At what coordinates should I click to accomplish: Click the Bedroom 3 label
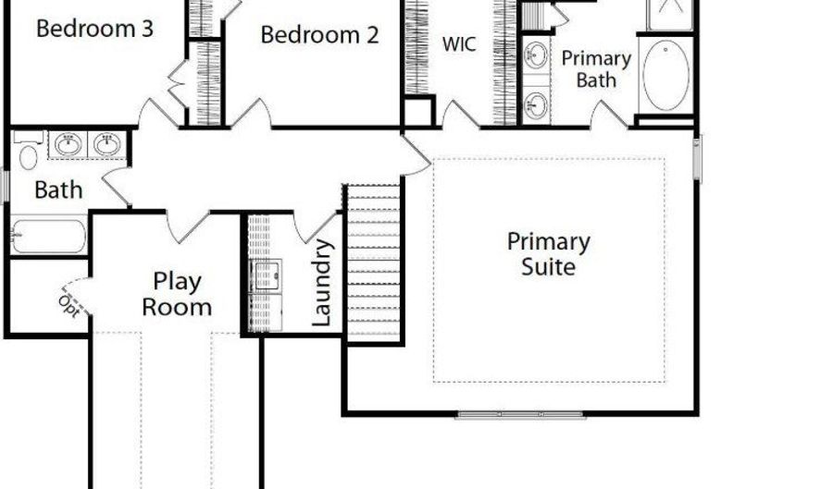[94, 29]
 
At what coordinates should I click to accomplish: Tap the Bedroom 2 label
[319, 36]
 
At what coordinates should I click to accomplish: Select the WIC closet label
[459, 44]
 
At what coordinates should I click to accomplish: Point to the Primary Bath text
[596, 69]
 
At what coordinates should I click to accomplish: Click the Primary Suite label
[548, 254]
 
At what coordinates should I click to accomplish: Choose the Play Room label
[176, 294]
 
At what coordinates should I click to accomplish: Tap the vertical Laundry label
[322, 283]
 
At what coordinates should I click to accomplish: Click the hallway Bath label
[58, 190]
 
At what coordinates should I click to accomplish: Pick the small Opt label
[68, 300]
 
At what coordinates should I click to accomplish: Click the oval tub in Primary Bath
[665, 74]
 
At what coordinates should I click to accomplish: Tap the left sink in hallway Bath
[67, 144]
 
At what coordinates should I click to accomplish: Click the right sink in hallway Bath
[107, 144]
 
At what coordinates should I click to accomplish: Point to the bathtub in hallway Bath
[48, 234]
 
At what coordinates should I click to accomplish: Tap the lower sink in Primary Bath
[536, 103]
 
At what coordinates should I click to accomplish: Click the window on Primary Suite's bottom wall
[521, 415]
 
